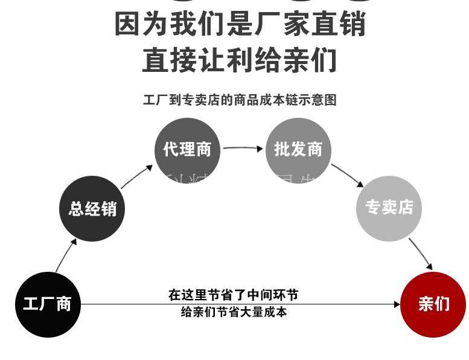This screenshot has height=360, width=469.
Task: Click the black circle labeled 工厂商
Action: pyautogui.click(x=47, y=304)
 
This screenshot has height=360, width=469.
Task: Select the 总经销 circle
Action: pyautogui.click(x=92, y=209)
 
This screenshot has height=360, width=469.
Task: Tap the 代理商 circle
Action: pyautogui.click(x=187, y=150)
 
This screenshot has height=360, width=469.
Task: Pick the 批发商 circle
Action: pyautogui.click(x=298, y=150)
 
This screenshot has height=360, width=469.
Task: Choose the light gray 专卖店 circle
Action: pyautogui.click(x=389, y=208)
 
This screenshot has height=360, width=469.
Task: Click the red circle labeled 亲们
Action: pyautogui.click(x=433, y=304)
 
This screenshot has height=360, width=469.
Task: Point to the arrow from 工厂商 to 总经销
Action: pyautogui.click(x=66, y=254)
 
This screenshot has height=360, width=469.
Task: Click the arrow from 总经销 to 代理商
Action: pyautogui.click(x=137, y=176)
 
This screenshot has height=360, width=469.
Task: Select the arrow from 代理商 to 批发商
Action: pyautogui.click(x=243, y=147)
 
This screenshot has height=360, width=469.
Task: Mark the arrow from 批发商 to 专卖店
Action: pyautogui.click(x=347, y=175)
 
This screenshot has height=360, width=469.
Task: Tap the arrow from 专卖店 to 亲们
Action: pyautogui.click(x=421, y=254)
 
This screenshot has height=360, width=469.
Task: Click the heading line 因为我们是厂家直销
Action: pyautogui.click(x=240, y=25)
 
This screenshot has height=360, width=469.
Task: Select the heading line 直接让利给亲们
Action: pyautogui.click(x=240, y=60)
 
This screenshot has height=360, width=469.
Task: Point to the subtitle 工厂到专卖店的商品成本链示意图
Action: pyautogui.click(x=239, y=100)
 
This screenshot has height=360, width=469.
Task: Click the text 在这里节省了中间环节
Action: pyautogui.click(x=234, y=295)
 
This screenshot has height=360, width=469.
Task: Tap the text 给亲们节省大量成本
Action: pyautogui.click(x=234, y=312)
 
